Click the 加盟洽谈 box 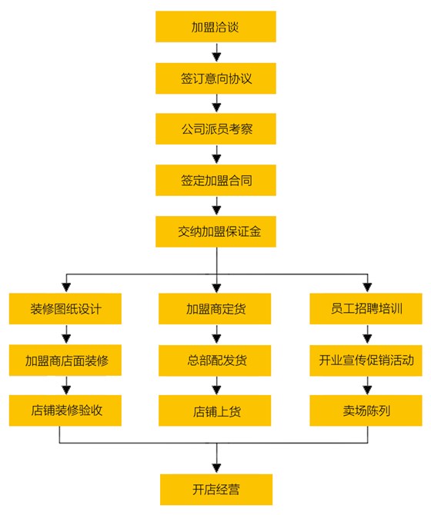click(x=215, y=28)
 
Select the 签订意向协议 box click(x=215, y=78)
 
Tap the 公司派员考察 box click(x=215, y=129)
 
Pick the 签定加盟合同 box click(x=215, y=181)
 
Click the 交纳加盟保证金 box click(x=215, y=231)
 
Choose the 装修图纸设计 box click(x=66, y=309)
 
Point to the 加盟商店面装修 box click(x=66, y=360)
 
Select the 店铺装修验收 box click(x=66, y=410)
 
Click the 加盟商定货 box click(x=216, y=309)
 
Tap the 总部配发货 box click(x=216, y=360)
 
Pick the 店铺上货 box click(x=216, y=410)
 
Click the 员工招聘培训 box click(x=366, y=309)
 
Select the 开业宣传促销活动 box click(x=366, y=360)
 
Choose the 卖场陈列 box click(x=366, y=410)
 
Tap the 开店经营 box click(x=216, y=488)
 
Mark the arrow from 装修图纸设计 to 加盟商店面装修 click(x=66, y=334)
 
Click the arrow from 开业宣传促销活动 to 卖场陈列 click(x=367, y=385)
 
